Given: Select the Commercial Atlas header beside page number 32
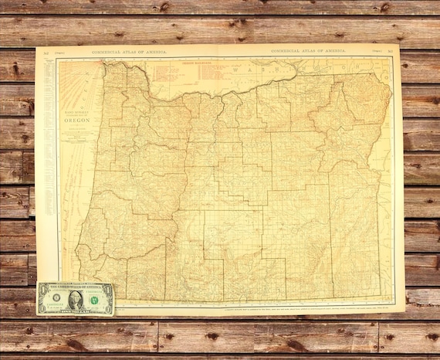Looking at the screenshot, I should [127, 51].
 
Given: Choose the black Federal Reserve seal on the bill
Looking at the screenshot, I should [56, 298].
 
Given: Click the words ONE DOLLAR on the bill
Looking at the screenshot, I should [75, 311].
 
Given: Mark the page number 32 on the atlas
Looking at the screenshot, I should [45, 52].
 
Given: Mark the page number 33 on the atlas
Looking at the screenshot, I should [391, 52].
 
